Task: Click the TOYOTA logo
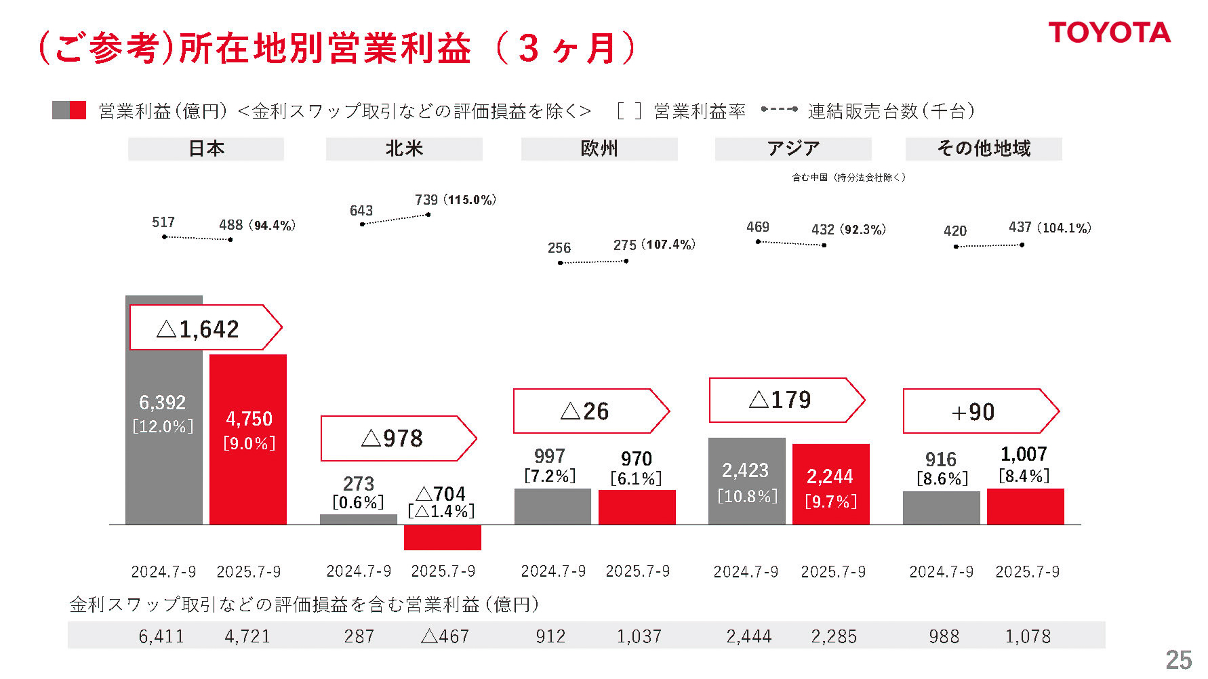point(1109,33)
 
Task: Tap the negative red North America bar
point(442,537)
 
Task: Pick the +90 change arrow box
point(980,411)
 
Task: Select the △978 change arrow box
point(397,438)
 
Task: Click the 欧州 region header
point(599,148)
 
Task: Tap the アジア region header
point(792,148)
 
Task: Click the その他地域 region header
point(983,148)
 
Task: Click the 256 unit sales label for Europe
point(559,248)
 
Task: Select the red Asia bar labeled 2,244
point(830,485)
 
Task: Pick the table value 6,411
point(161,636)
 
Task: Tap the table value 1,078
point(1028,636)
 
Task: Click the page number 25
point(1178,659)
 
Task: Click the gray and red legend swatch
point(69,110)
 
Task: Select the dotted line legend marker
point(779,109)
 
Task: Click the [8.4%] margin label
point(1024,476)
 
